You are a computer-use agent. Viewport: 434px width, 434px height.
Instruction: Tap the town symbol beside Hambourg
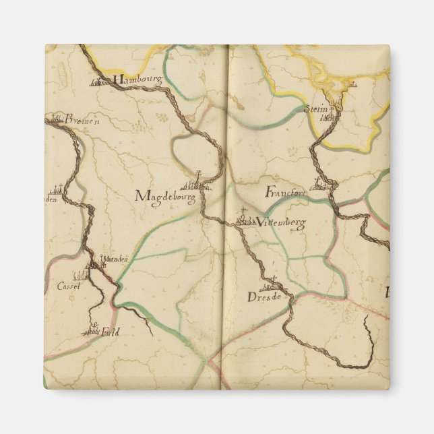(100, 83)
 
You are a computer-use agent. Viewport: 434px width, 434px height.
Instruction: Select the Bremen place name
(82, 120)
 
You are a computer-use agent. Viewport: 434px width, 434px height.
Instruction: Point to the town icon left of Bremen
(53, 119)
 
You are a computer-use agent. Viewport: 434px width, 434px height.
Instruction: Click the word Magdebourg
(165, 197)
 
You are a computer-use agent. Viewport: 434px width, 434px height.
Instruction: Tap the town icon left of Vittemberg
(245, 220)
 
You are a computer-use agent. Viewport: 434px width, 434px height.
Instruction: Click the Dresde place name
(263, 297)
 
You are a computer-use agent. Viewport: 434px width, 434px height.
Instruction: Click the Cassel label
(69, 286)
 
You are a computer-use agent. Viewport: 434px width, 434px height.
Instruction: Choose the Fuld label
(107, 332)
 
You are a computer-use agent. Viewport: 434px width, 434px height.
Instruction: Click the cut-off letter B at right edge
(387, 293)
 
